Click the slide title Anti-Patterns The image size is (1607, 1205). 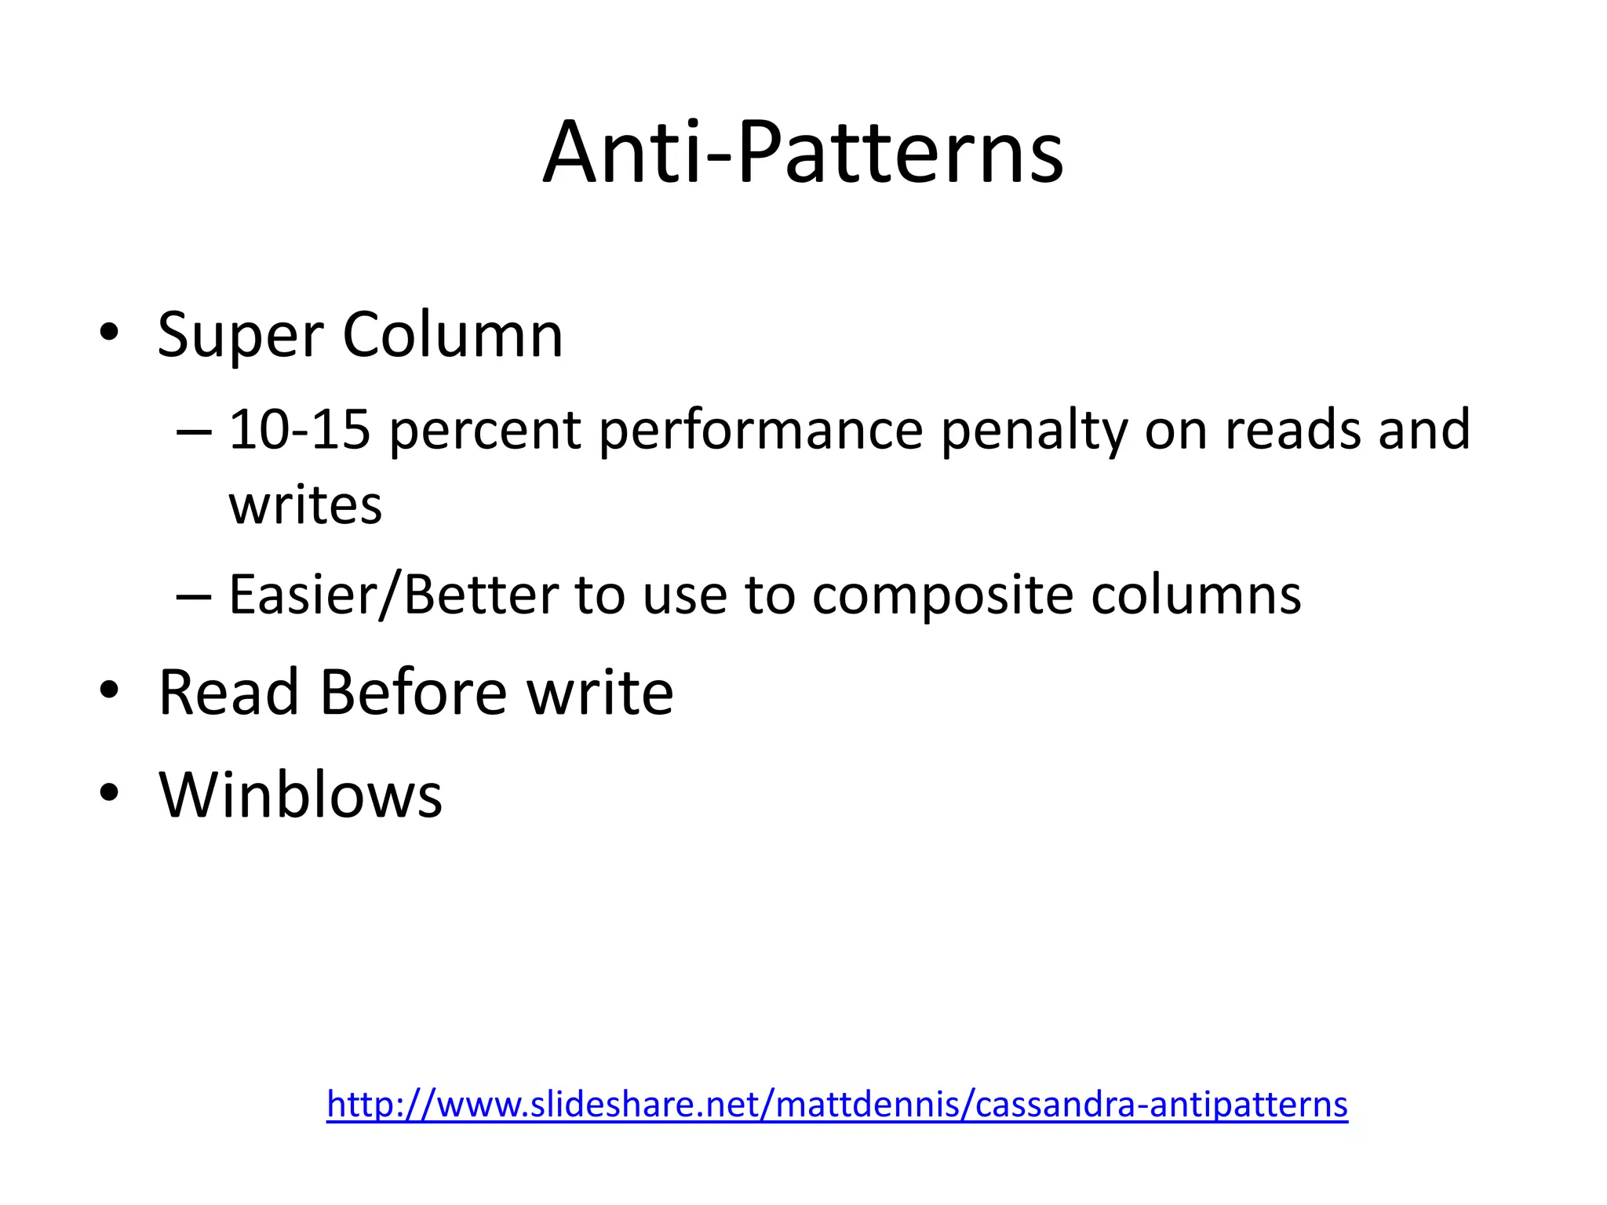803,152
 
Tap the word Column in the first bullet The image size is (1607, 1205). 453,335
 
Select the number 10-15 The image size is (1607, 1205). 299,430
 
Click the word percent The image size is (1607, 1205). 484,431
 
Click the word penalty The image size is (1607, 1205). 1033,431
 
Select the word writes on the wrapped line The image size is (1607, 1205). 305,505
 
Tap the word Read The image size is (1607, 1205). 229,693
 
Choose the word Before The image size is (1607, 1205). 414,693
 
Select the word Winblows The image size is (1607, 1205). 301,795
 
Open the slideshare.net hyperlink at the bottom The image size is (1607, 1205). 837,1104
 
